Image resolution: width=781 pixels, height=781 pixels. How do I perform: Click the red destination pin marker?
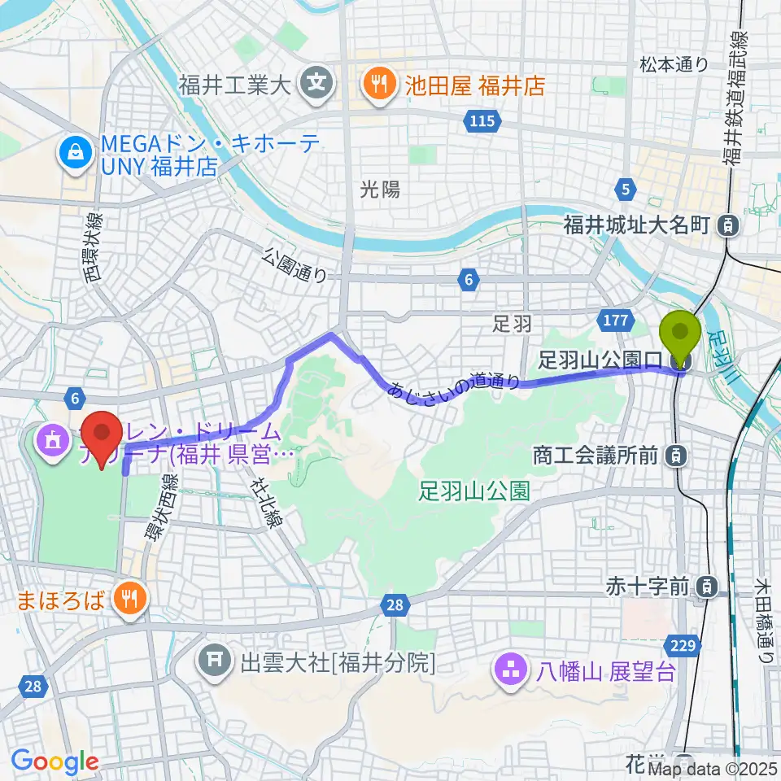pyautogui.click(x=102, y=440)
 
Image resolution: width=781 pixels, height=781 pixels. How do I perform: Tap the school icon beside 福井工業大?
pyautogui.click(x=313, y=82)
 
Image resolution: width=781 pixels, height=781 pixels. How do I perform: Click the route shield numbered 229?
pyautogui.click(x=684, y=646)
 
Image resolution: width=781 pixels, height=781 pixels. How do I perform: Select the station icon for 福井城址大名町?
pyautogui.click(x=731, y=225)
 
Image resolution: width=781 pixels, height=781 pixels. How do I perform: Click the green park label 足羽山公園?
pyautogui.click(x=475, y=491)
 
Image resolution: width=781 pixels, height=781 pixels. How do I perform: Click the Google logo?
pyautogui.click(x=55, y=762)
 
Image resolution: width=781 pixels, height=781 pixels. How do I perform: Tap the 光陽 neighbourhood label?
pyautogui.click(x=380, y=190)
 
